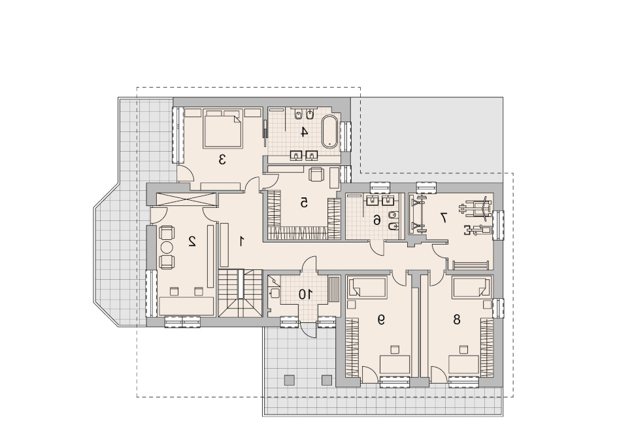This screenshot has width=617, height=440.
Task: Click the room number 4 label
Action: (304, 131)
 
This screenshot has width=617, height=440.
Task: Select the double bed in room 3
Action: (222, 129)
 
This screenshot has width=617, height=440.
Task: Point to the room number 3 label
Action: (222, 160)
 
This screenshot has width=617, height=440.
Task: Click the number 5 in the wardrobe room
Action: (304, 203)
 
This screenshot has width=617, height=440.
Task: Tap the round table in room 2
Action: (166, 247)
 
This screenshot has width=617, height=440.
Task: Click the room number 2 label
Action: (192, 241)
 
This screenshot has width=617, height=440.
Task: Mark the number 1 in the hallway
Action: (242, 241)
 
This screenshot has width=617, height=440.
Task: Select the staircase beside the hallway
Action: (241, 293)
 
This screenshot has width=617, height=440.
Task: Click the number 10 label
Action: (305, 294)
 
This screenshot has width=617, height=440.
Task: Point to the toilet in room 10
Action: (274, 293)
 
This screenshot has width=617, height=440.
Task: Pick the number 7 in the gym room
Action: (443, 217)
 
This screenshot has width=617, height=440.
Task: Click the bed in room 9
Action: (367, 287)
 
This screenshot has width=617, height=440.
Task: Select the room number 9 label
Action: (380, 320)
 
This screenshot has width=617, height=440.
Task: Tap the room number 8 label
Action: (456, 320)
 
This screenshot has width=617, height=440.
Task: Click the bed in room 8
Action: (471, 287)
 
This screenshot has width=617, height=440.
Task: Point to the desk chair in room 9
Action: (395, 350)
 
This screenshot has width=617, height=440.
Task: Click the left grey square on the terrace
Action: (289, 380)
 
